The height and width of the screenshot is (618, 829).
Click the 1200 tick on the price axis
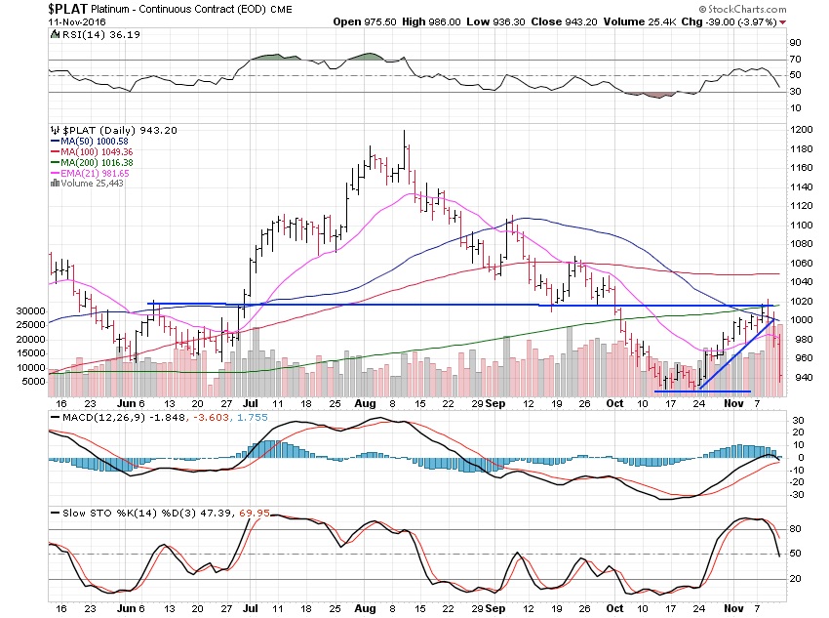click(x=801, y=130)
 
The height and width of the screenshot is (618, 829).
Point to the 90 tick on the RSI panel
click(x=795, y=43)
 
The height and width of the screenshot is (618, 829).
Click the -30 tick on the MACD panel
click(x=797, y=493)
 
